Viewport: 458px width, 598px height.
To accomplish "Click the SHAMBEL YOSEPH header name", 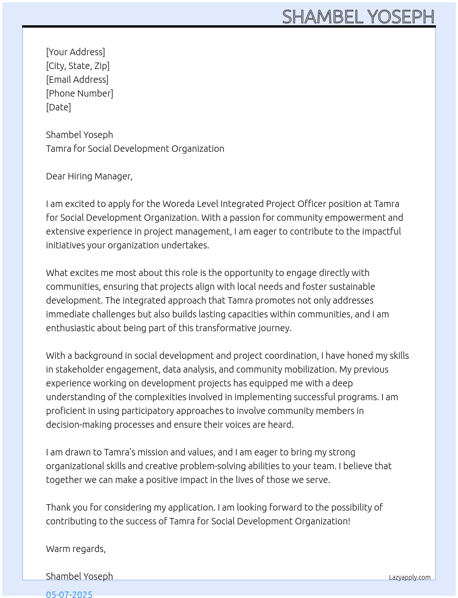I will (x=358, y=17).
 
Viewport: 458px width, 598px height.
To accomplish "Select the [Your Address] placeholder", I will (x=75, y=52).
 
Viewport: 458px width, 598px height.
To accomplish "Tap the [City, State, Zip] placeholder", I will (x=78, y=66).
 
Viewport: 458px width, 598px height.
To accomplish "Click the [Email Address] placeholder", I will (x=77, y=80).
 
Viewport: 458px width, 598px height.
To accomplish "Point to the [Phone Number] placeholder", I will (x=80, y=93).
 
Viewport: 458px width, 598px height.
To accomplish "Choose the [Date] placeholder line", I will (x=58, y=107).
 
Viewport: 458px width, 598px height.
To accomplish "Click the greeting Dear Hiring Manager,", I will (x=89, y=176).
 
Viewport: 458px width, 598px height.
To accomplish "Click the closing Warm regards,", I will (x=76, y=549).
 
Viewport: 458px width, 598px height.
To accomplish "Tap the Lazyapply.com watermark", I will (x=410, y=577).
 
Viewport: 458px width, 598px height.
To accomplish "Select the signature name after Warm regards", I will (x=80, y=576).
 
